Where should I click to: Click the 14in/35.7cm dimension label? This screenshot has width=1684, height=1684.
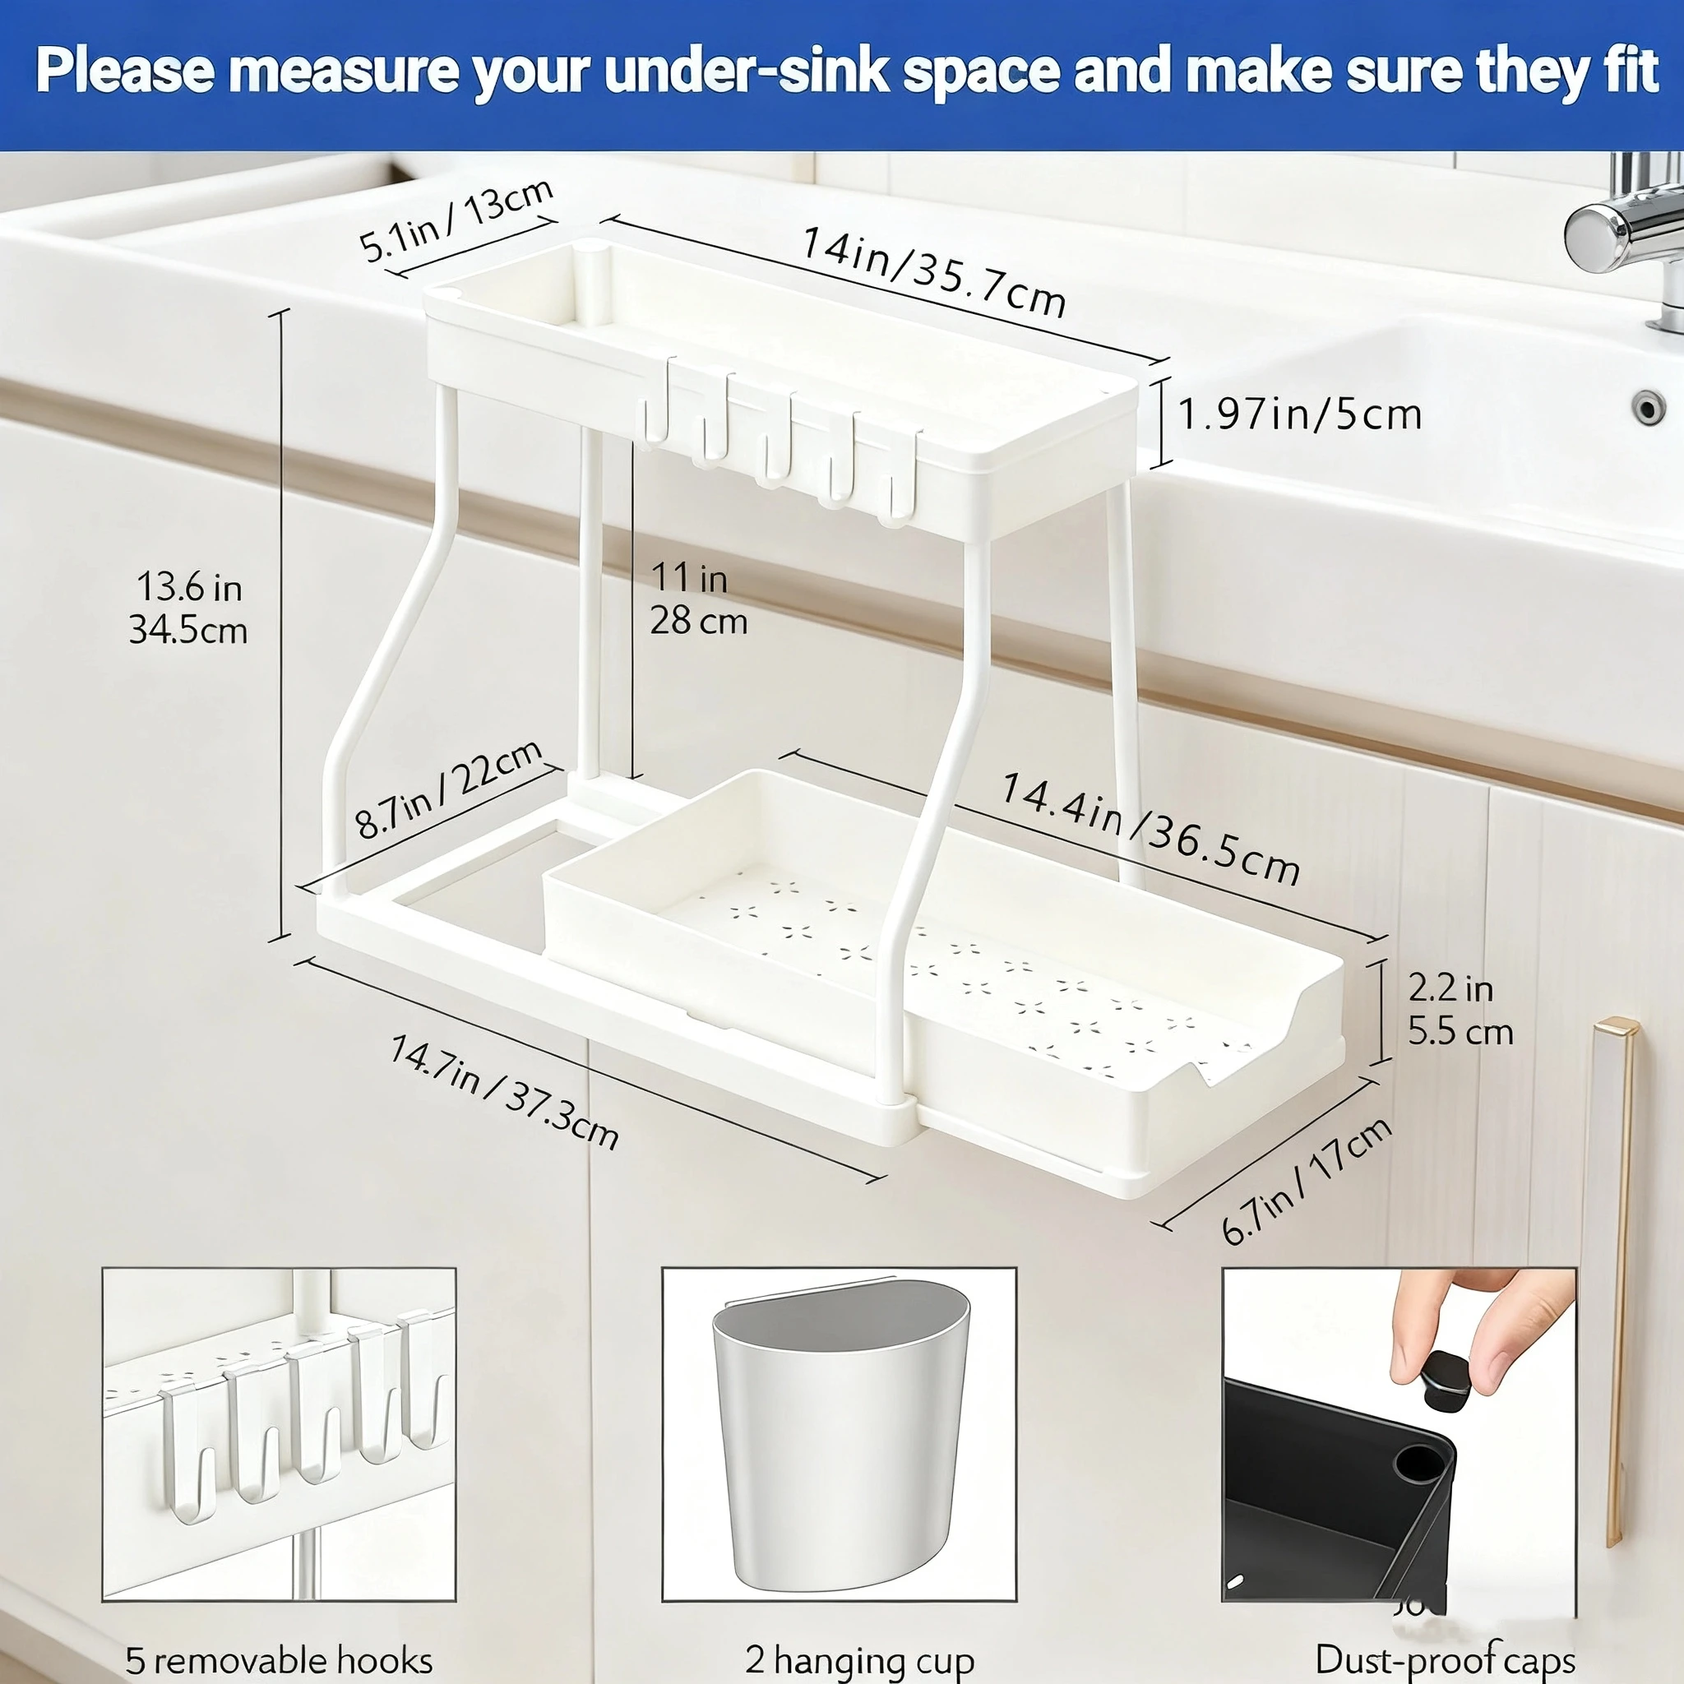pyautogui.click(x=932, y=271)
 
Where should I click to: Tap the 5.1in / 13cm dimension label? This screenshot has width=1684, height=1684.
pyautogui.click(x=456, y=220)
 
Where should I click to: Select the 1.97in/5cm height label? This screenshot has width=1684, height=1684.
pyautogui.click(x=1298, y=414)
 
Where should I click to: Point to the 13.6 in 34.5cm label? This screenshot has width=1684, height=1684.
pyautogui.click(x=188, y=608)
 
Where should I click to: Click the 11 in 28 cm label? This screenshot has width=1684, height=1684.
pyautogui.click(x=697, y=599)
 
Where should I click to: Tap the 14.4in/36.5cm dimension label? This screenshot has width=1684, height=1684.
pyautogui.click(x=1149, y=827)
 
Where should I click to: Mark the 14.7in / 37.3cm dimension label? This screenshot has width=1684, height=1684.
pyautogui.click(x=504, y=1092)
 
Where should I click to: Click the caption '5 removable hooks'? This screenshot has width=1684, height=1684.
pyautogui.click(x=279, y=1659)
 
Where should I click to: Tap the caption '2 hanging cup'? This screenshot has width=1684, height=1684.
pyautogui.click(x=858, y=1659)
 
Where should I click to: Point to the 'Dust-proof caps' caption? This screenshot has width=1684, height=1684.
pyautogui.click(x=1444, y=1659)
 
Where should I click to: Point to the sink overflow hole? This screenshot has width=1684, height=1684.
pyautogui.click(x=1646, y=408)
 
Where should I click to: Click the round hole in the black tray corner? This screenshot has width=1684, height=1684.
pyautogui.click(x=1418, y=1464)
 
